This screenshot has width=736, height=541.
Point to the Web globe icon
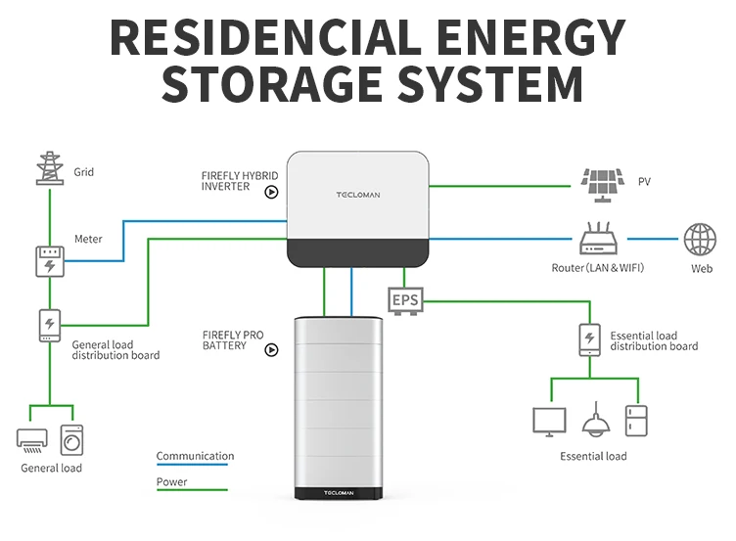click(x=700, y=240)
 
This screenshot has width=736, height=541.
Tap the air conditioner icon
click(x=32, y=439)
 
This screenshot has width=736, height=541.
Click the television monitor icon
click(x=549, y=421)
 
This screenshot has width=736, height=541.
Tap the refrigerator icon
click(x=637, y=420)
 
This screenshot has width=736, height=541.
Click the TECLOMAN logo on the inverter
click(x=358, y=195)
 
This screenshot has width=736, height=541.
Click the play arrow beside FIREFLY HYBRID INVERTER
click(x=271, y=192)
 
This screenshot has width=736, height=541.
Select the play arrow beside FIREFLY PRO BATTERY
click(x=271, y=348)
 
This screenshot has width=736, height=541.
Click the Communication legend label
click(x=195, y=456)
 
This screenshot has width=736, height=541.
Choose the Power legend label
click(x=171, y=481)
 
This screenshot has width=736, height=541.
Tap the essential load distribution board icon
click(x=588, y=339)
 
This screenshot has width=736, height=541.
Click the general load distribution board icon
click(x=48, y=325)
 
